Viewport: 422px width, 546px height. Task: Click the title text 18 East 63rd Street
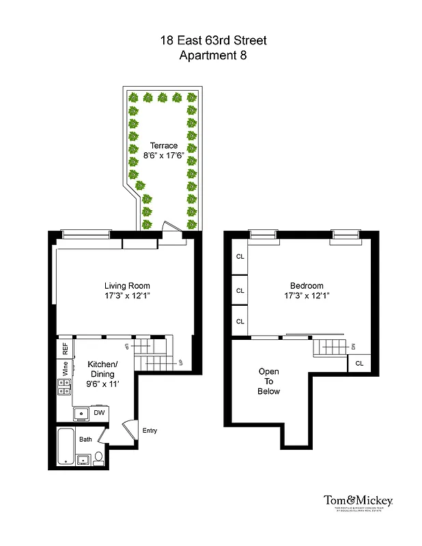(213, 40)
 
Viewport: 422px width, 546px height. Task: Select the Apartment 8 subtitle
(213, 55)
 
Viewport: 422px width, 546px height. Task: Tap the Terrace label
(164, 145)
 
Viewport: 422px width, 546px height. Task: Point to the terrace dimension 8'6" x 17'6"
(164, 156)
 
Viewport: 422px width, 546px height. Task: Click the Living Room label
(127, 285)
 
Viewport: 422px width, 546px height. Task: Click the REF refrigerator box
(66, 347)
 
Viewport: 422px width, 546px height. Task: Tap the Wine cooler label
(66, 369)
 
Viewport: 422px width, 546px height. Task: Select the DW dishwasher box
(99, 412)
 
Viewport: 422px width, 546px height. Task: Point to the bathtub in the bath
(67, 446)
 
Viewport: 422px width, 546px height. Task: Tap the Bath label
(85, 439)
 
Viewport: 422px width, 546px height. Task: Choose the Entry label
(150, 430)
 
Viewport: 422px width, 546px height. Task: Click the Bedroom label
(307, 285)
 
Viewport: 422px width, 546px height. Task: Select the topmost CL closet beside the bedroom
(240, 257)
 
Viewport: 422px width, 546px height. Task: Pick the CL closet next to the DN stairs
(359, 364)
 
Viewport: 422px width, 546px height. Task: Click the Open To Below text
(268, 382)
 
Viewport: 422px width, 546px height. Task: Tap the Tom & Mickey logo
(358, 502)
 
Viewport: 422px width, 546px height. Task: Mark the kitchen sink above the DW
(81, 413)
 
